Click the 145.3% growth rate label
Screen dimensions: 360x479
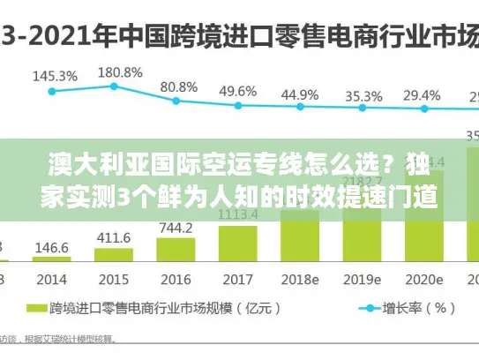click(x=54, y=76)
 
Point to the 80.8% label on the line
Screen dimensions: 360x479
click(x=178, y=86)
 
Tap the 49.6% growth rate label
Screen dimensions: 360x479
click(x=238, y=91)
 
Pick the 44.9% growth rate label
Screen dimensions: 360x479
click(x=301, y=94)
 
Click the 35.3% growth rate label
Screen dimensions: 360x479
click(x=363, y=95)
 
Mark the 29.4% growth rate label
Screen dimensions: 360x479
click(x=422, y=95)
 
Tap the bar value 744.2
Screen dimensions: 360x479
click(x=175, y=227)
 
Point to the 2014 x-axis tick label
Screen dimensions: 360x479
click(x=52, y=280)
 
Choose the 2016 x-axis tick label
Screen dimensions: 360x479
click(x=176, y=280)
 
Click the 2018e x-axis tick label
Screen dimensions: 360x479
click(x=299, y=280)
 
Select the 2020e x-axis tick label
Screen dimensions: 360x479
click(x=422, y=280)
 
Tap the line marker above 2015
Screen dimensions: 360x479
click(x=115, y=86)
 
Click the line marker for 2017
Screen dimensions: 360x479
click(x=238, y=106)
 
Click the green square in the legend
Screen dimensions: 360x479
click(x=35, y=309)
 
